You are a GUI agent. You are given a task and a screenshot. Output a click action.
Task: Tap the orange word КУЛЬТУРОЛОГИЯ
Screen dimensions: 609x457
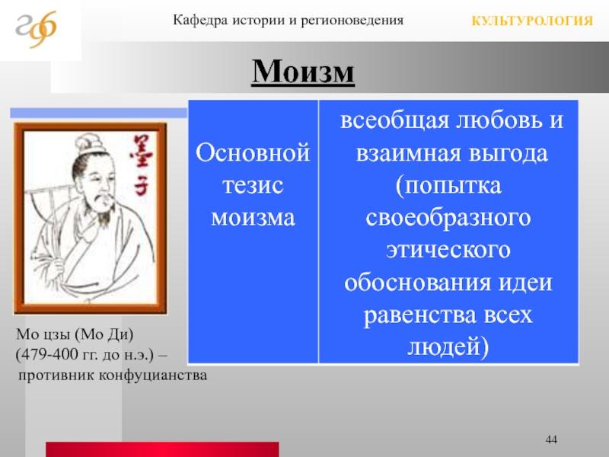point(532,21)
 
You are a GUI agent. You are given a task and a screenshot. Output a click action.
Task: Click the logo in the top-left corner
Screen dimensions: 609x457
point(36,29)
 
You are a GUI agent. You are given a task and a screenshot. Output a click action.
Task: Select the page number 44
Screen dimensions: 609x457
point(551,439)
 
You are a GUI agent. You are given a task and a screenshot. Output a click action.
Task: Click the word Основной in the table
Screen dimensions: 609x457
point(253,152)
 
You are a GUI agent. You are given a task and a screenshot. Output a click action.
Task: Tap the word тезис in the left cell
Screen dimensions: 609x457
point(253,185)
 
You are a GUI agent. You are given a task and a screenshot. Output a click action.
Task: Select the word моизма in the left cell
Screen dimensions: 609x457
point(253,217)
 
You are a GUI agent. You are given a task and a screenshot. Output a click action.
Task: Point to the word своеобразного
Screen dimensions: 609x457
point(448,217)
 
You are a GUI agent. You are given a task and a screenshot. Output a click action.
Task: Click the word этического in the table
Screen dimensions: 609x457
point(448,250)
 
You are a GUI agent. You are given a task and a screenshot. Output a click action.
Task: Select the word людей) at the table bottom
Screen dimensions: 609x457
point(448,347)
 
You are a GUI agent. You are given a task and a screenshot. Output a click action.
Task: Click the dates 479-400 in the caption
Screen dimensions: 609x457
point(49,354)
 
